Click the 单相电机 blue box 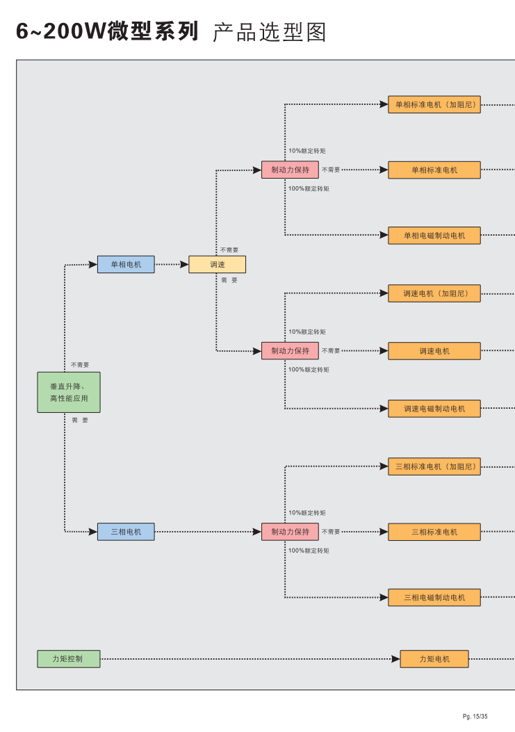(126, 264)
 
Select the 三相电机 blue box (126, 532)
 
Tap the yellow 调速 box (217, 264)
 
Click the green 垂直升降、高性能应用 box (68, 392)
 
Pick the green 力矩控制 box (68, 658)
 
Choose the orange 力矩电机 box (434, 659)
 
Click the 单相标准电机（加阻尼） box (434, 105)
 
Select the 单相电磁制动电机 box (434, 236)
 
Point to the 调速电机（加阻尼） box (434, 293)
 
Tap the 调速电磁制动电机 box (434, 409)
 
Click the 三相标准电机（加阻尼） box (434, 466)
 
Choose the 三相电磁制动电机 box (434, 597)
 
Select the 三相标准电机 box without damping (434, 532)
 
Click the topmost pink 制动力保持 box (290, 170)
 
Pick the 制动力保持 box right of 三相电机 (290, 532)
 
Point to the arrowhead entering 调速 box (184, 264)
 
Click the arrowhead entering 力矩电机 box (395, 659)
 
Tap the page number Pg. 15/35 (475, 717)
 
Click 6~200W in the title (61, 31)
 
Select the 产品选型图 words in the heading (269, 32)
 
